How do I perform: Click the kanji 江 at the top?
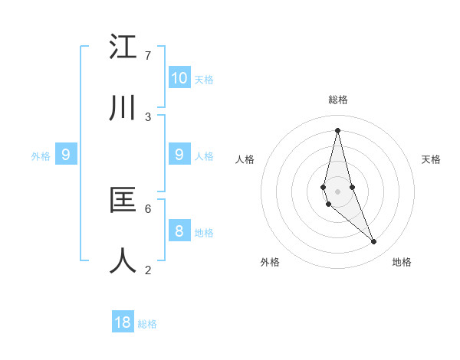pyautogui.click(x=123, y=47)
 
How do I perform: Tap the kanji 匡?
pyautogui.click(x=123, y=200)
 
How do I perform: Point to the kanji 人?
pyautogui.click(x=123, y=260)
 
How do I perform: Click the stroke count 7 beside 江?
pyautogui.click(x=148, y=56)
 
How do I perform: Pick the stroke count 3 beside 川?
pyautogui.click(x=148, y=116)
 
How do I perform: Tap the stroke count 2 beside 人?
pyautogui.click(x=148, y=269)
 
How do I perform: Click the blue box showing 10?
pyautogui.click(x=179, y=77)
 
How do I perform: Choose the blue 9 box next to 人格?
pyautogui.click(x=179, y=155)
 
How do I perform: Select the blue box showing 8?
pyautogui.click(x=179, y=231)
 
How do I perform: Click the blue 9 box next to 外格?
pyautogui.click(x=66, y=155)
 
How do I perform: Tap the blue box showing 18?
pyautogui.click(x=123, y=322)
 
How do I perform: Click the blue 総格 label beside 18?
pyautogui.click(x=147, y=324)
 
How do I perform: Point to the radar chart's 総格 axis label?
pyautogui.click(x=338, y=100)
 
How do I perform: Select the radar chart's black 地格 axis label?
pyautogui.click(x=402, y=262)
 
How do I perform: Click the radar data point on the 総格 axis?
pyautogui.click(x=338, y=129)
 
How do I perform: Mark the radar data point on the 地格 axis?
pyautogui.click(x=374, y=242)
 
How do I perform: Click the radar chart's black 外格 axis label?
pyautogui.click(x=270, y=262)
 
